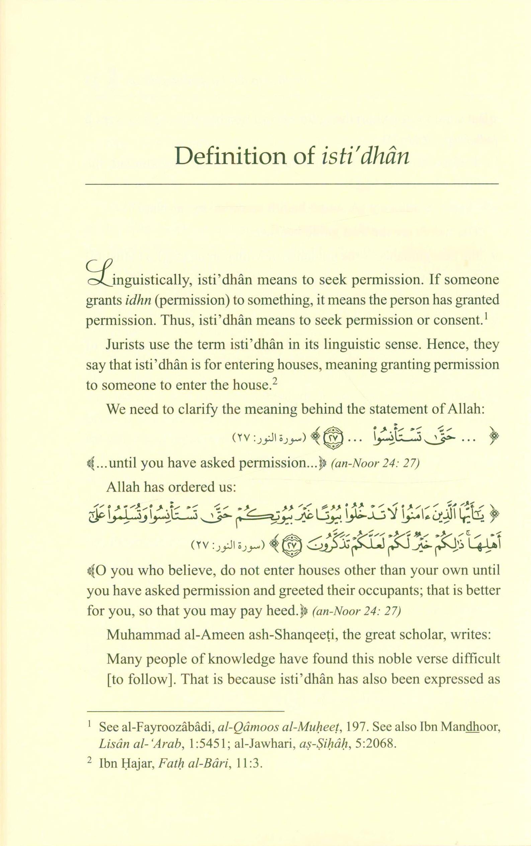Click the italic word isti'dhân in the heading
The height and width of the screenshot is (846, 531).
[365, 156]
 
